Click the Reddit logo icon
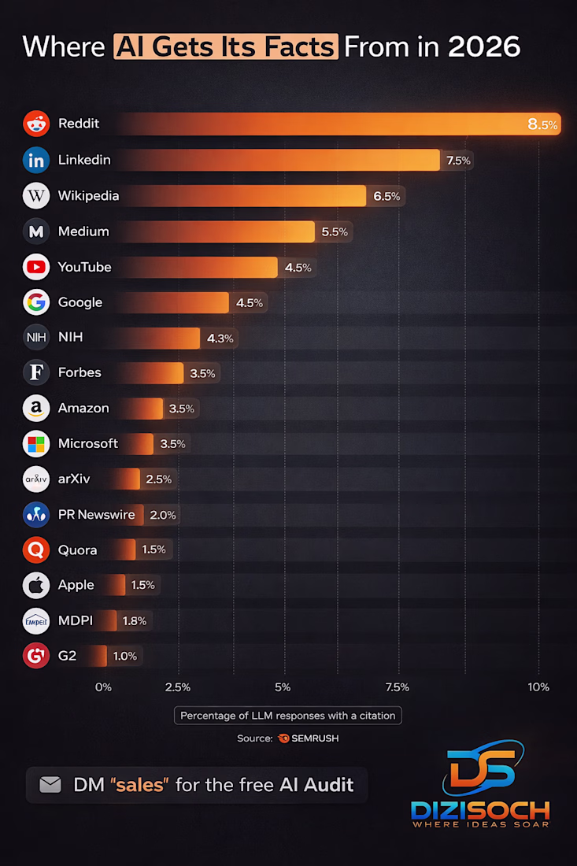click(36, 124)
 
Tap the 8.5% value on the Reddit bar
click(542, 124)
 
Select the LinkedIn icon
click(36, 160)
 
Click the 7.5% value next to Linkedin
click(458, 161)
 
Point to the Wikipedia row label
click(88, 195)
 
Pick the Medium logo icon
click(36, 231)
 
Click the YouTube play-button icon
click(36, 267)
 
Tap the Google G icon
click(36, 302)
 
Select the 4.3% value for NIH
click(220, 338)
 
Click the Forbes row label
click(80, 372)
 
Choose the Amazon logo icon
click(36, 409)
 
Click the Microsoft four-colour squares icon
click(36, 443)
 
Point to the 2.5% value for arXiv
click(157, 479)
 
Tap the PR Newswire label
click(96, 515)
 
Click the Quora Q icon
click(36, 550)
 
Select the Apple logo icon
click(36, 585)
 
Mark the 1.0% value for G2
click(124, 656)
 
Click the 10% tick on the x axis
click(538, 687)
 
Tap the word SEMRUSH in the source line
click(315, 738)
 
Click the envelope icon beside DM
click(50, 785)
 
